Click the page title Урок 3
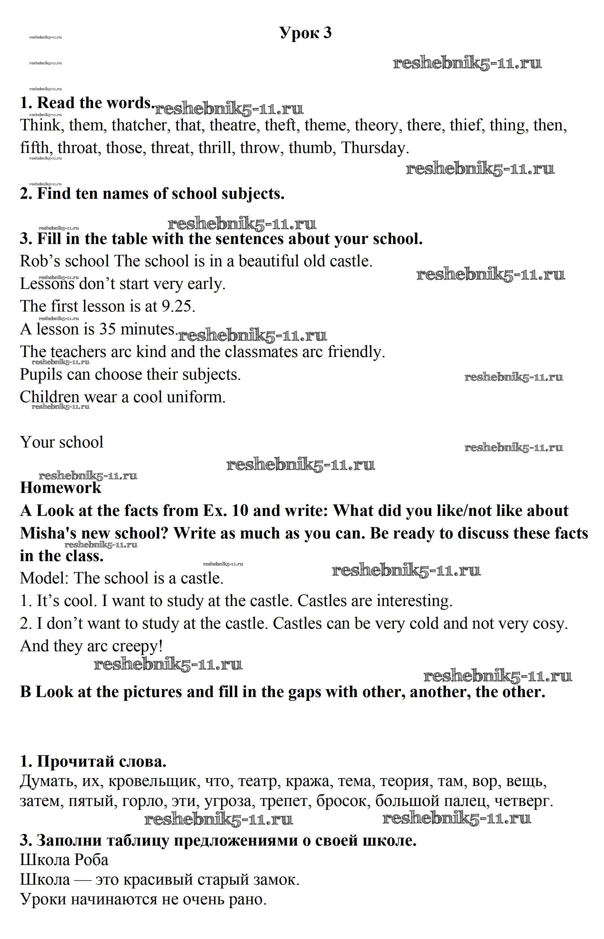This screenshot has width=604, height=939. pos(306,33)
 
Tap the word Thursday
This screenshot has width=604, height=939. pos(375,148)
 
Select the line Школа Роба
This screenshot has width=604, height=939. pos(64,860)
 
